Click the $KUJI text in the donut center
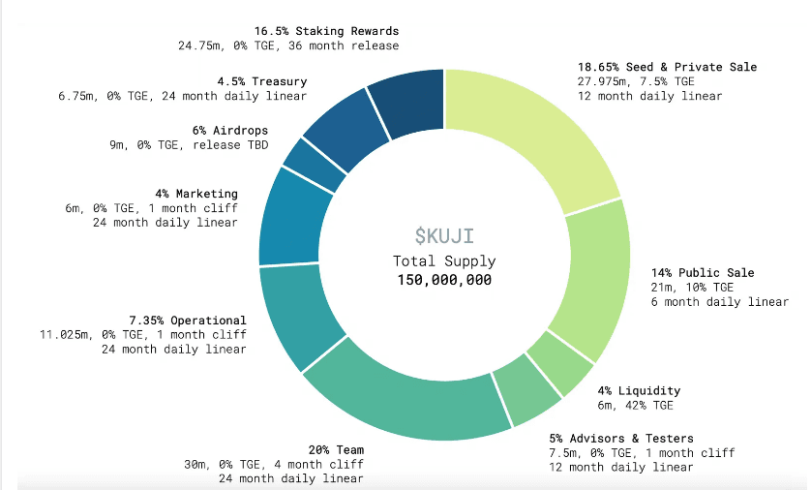pos(444,235)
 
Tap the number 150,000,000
pos(444,280)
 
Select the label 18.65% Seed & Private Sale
pos(667,67)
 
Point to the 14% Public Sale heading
pos(702,273)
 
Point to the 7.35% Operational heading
pos(188,321)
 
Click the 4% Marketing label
pos(196,194)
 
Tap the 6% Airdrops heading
pos(230,131)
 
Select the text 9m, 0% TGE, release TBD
pos(189,145)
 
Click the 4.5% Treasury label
pos(261,81)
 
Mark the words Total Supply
pos(444,261)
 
